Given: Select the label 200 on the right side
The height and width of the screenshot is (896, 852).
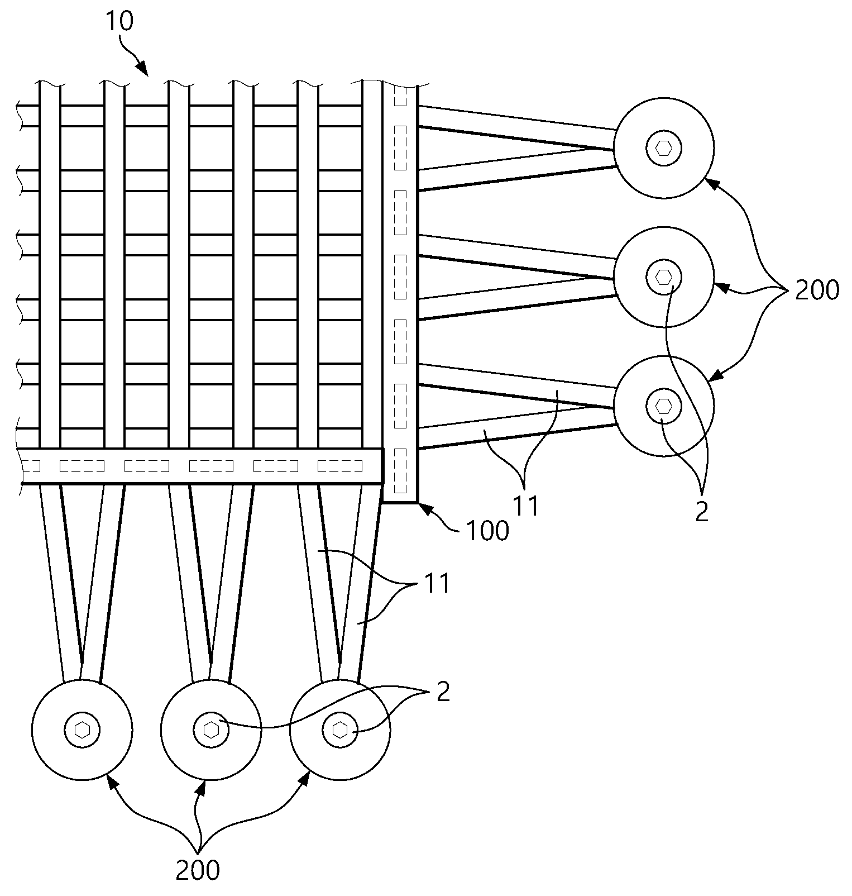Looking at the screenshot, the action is tap(817, 290).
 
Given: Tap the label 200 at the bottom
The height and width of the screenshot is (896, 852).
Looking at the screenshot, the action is tap(198, 870).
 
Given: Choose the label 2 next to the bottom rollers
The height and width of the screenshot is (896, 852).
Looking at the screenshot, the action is tap(443, 693).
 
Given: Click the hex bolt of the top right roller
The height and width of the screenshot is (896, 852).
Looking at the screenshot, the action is tap(663, 148).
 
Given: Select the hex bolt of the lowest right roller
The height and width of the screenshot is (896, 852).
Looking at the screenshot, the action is tap(663, 406).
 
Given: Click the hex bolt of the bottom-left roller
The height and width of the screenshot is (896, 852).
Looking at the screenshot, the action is tap(82, 730).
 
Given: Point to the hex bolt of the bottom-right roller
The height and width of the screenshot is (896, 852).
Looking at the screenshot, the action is tap(340, 730).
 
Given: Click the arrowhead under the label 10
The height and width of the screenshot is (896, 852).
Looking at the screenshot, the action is tap(143, 70).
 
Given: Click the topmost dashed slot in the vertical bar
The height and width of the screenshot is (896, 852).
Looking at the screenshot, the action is tap(400, 96).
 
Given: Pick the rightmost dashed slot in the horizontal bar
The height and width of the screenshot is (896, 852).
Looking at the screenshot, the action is tap(339, 465).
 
